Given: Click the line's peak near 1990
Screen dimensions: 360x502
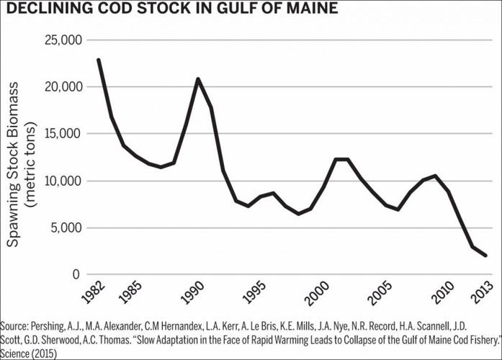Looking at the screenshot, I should pos(198,78).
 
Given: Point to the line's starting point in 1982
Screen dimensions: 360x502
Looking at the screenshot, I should pos(98,60).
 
